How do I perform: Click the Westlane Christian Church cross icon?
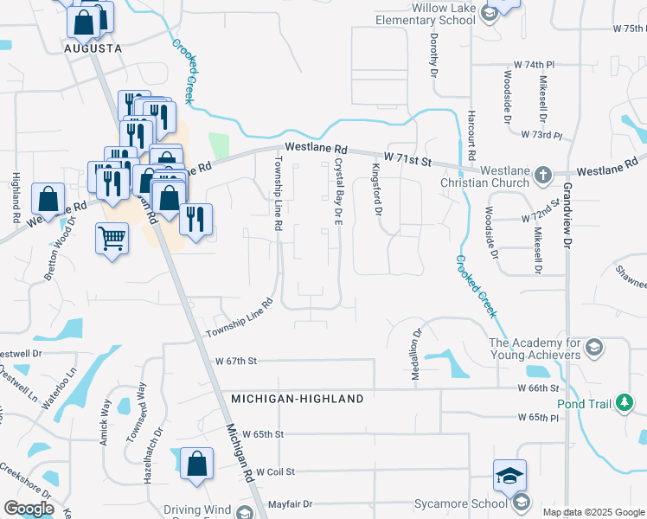pyautogui.click(x=542, y=175)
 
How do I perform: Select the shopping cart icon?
pyautogui.click(x=112, y=235)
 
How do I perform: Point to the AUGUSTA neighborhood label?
pyautogui.click(x=93, y=49)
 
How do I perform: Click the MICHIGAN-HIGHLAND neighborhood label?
pyautogui.click(x=297, y=399)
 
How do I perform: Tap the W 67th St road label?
pyautogui.click(x=237, y=361)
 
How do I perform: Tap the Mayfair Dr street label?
pyautogui.click(x=289, y=503)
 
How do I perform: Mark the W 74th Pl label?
pyautogui.click(x=534, y=65)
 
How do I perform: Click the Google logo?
pyautogui.click(x=29, y=509)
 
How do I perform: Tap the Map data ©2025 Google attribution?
pyautogui.click(x=593, y=512)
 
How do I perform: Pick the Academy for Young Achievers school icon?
pyautogui.click(x=593, y=348)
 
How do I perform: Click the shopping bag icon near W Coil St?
pyautogui.click(x=197, y=464)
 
